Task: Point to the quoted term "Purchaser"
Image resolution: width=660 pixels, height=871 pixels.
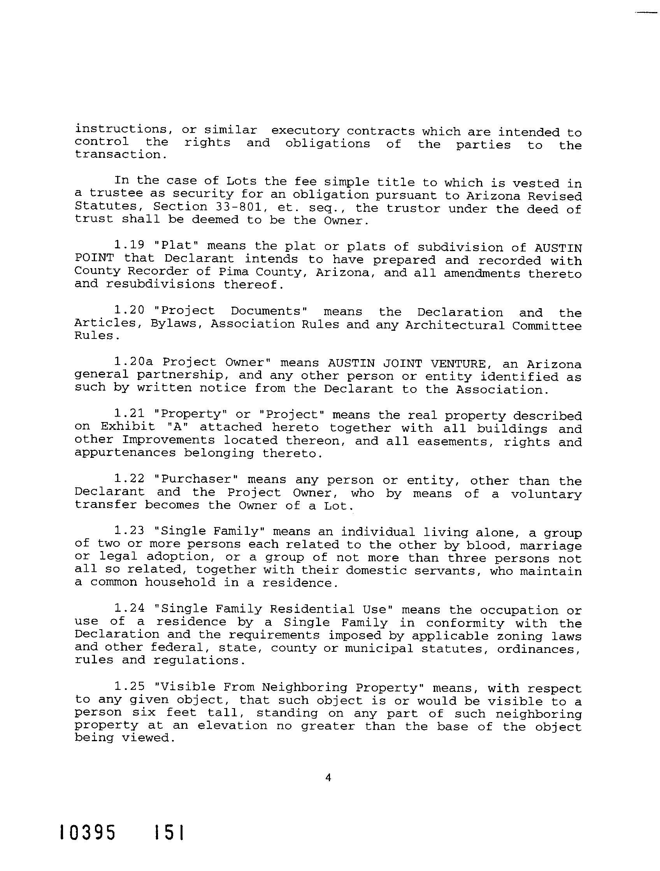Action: tap(197, 479)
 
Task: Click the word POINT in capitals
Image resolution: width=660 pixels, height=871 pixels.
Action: tap(94, 258)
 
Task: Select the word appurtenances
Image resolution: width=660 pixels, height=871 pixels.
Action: tap(125, 453)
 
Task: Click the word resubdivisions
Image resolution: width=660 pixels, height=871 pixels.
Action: tap(160, 284)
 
